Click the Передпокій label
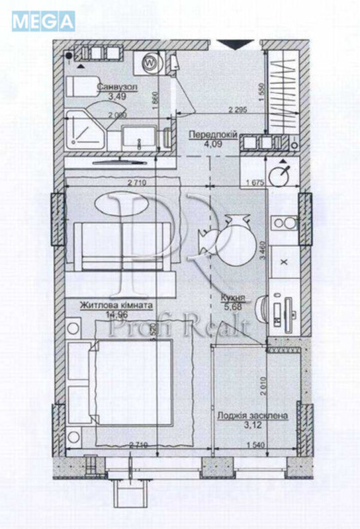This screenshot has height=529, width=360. coord(213,134)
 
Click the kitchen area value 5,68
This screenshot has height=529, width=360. coord(234,307)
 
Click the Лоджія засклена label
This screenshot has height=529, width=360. coord(252,416)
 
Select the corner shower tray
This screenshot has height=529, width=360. coord(84,132)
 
